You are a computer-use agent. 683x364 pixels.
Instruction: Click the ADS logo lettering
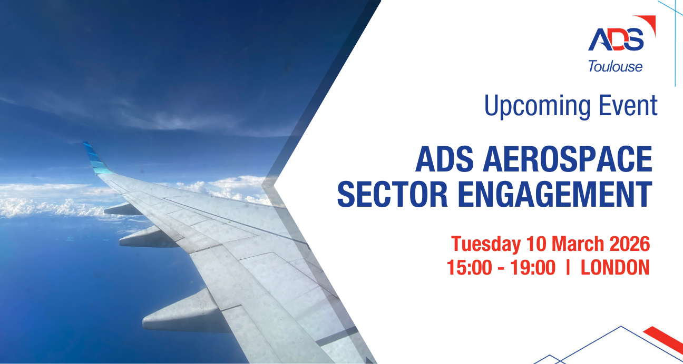616,40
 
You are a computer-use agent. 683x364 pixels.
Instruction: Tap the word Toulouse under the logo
616,66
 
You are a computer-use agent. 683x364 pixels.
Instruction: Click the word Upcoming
538,107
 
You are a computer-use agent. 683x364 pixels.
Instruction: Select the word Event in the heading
628,105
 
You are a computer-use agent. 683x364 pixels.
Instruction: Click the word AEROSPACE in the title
568,159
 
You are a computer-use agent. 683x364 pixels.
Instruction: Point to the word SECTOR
393,194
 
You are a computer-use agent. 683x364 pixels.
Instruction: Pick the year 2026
630,244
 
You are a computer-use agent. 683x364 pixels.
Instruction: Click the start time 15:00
469,268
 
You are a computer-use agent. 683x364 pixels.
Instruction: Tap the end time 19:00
533,268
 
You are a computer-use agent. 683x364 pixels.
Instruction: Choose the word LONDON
615,268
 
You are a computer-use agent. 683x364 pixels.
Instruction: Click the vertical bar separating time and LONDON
568,268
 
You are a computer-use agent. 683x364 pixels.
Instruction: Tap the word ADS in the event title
444,159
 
